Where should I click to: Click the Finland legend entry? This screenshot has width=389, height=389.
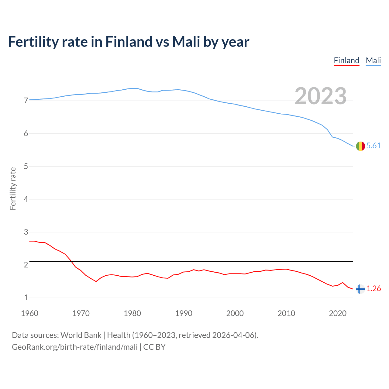346,60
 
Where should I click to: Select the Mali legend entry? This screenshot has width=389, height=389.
373,60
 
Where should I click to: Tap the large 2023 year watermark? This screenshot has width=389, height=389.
321,96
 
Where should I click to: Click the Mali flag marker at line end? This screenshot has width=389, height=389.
360,146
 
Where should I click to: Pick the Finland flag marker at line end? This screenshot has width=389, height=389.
360,289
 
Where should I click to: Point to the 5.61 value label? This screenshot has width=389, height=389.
374,146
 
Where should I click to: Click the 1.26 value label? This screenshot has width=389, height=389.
374,289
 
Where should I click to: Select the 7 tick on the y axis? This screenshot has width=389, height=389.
26,101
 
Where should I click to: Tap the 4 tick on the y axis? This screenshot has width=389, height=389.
26,199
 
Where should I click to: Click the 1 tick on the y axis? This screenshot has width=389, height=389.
26,298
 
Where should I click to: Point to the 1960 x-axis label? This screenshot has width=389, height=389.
29,313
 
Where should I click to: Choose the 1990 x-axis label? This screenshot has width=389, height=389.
184,313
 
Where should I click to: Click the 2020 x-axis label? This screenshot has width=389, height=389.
338,313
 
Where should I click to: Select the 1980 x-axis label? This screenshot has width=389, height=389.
132,313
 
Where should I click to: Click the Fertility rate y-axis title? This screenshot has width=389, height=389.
13,188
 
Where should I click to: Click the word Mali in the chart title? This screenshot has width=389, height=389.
186,42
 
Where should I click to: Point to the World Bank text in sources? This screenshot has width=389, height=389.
81,335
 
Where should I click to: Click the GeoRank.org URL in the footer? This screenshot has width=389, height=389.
74,347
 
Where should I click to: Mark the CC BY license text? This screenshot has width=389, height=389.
154,347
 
